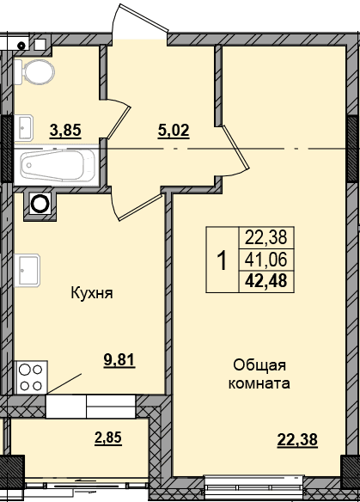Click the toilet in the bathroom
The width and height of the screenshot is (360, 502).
(x=34, y=71)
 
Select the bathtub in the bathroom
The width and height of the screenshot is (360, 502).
(x=57, y=166)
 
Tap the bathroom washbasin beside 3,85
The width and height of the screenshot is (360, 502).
(x=24, y=128)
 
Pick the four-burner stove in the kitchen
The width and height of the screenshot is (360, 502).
(x=31, y=377)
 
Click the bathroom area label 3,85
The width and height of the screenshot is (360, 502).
(x=65, y=131)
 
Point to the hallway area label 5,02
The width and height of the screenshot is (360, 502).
(x=174, y=131)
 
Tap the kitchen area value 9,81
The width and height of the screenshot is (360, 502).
(x=119, y=360)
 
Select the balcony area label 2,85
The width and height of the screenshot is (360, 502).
(x=108, y=438)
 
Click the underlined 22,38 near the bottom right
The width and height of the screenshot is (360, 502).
(x=297, y=439)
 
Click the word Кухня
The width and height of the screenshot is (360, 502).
(x=92, y=293)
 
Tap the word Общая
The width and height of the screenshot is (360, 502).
(x=259, y=365)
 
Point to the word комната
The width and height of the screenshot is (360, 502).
(x=259, y=383)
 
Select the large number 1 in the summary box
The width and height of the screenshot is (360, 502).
(x=222, y=260)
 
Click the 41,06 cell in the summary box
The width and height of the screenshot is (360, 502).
(x=266, y=260)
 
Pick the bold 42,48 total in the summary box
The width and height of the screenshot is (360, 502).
(x=266, y=281)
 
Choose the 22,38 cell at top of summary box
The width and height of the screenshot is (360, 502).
(x=266, y=238)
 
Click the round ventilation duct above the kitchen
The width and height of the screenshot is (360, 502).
(x=40, y=203)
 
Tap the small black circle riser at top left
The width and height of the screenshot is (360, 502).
(x=21, y=46)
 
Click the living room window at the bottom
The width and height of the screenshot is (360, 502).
(x=254, y=488)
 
